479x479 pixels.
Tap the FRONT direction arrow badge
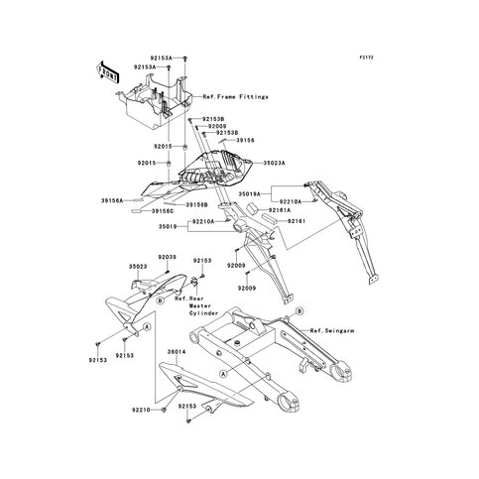coord(106,71)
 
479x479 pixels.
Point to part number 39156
coord(244,141)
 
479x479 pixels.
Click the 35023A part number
coord(277,161)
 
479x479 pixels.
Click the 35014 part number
coord(177,351)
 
